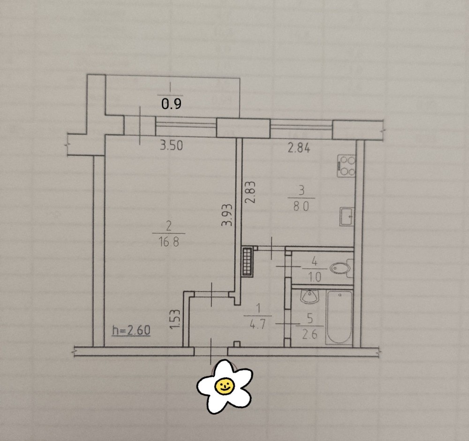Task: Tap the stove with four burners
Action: coord(347,166)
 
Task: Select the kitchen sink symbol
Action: coord(347,216)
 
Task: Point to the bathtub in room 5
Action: coord(340,317)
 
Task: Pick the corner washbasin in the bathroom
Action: coord(309,296)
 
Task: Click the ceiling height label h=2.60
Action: coord(131,331)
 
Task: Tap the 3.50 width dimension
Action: coord(171,146)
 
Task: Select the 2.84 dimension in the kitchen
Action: coord(299,148)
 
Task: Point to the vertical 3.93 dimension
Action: coord(227,214)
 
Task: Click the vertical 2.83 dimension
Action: coord(250,192)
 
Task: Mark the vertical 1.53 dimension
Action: coord(176,319)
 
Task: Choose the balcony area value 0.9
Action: coord(171,104)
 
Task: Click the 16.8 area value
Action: coord(169,241)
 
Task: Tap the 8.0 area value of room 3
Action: coord(301,206)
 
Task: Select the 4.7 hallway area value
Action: coord(257,325)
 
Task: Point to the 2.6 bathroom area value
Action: coord(310,334)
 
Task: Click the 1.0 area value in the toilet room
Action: coord(314,277)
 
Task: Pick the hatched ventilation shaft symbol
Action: coord(248,261)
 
